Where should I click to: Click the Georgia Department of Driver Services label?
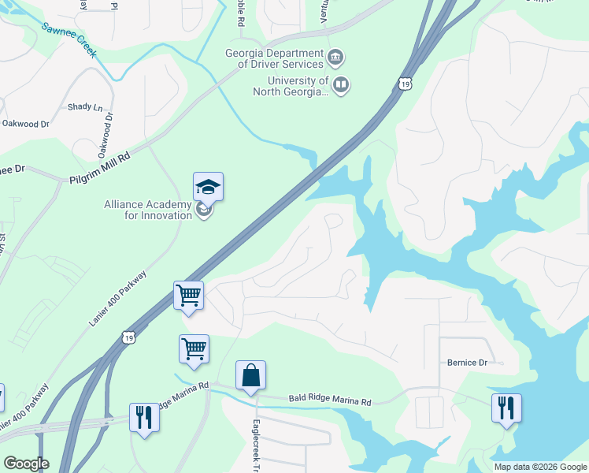[273, 58]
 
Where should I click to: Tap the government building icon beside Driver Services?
[336, 58]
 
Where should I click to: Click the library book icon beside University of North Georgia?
[341, 85]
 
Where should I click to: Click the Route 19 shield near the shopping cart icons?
[130, 337]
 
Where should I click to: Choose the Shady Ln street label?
[85, 107]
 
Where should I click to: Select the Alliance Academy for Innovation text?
[148, 210]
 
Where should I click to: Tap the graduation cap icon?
[208, 187]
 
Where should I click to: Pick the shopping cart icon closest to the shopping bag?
[194, 348]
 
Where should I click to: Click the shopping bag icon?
[250, 375]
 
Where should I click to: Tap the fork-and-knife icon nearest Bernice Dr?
[506, 408]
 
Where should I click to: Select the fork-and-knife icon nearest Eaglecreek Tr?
[144, 416]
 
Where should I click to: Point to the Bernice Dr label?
[467, 363]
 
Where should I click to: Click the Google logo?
[25, 464]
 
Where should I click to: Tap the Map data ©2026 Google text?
[540, 467]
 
